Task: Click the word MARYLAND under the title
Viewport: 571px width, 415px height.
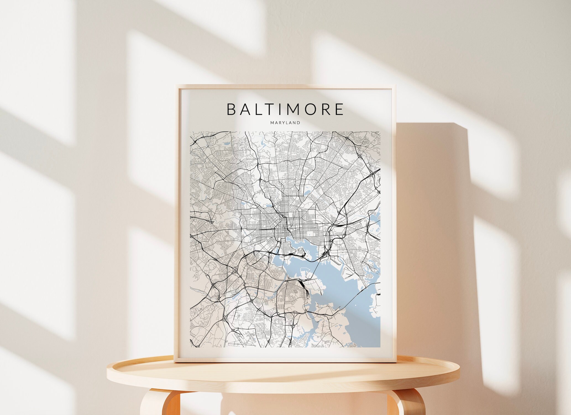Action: click(x=285, y=123)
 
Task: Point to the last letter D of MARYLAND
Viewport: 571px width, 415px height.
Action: click(x=298, y=123)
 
